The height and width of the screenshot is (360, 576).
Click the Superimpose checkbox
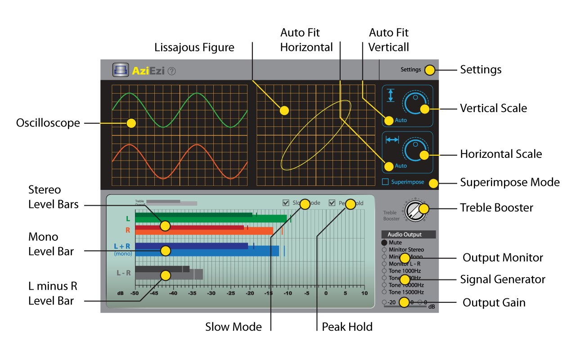(385, 182)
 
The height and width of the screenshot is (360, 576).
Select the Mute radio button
(384, 243)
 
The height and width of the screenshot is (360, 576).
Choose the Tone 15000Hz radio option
(384, 292)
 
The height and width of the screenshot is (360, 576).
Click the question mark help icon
(171, 71)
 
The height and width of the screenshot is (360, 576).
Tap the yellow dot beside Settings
(430, 70)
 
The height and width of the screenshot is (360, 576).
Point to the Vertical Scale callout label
(493, 108)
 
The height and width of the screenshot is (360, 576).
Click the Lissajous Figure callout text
(194, 47)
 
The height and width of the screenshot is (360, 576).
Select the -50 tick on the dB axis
(134, 293)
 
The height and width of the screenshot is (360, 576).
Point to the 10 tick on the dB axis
(363, 293)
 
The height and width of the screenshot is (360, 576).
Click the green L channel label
(128, 219)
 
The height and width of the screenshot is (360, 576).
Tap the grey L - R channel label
(124, 273)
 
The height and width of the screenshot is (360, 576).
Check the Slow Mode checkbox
(286, 203)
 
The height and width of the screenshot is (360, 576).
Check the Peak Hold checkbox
(333, 203)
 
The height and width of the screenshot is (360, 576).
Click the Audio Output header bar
(408, 234)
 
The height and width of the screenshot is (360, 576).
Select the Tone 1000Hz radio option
(384, 271)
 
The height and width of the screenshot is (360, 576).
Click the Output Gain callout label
(494, 302)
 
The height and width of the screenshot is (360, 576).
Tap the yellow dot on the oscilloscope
(131, 123)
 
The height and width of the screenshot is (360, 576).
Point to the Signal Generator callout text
(503, 279)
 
